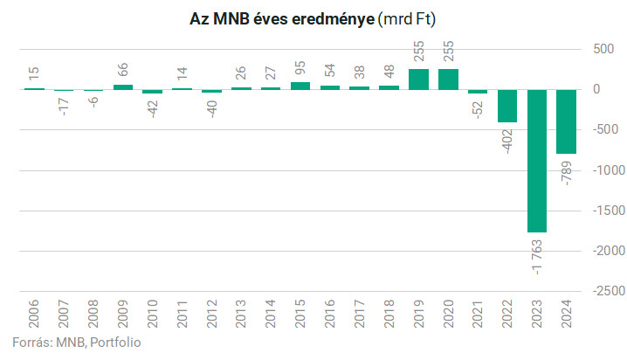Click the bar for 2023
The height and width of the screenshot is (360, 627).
(536, 161)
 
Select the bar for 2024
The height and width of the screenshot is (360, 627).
(566, 121)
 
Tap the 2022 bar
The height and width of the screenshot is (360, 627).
(506, 106)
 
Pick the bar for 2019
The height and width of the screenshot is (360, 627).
(418, 79)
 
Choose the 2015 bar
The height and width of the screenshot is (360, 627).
(300, 86)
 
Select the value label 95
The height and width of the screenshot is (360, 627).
(300, 66)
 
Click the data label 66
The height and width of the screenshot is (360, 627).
(123, 69)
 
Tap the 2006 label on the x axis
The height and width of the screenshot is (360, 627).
(34, 312)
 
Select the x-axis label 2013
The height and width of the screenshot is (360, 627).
(241, 312)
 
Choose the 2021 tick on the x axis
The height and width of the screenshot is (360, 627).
(478, 312)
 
